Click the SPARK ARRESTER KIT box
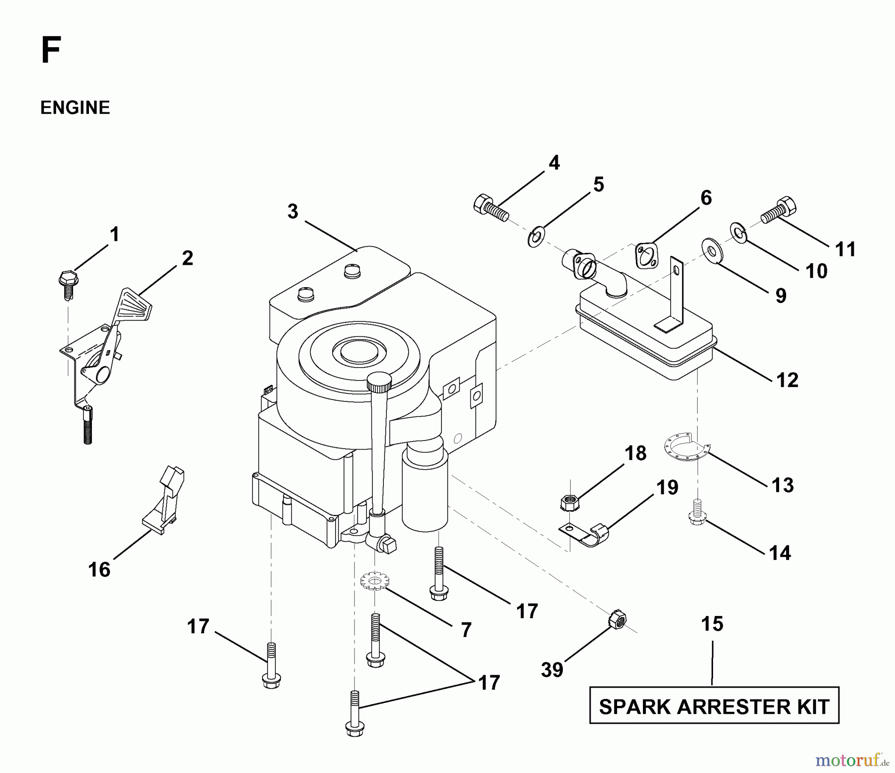pyautogui.click(x=714, y=706)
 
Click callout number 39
pyautogui.click(x=552, y=670)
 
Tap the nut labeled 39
pyautogui.click(x=617, y=619)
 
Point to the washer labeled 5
pyautogui.click(x=536, y=236)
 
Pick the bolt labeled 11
pyautogui.click(x=779, y=212)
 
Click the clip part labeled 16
pyautogui.click(x=164, y=499)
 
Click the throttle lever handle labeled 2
pyautogui.click(x=132, y=306)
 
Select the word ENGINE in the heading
pyautogui.click(x=75, y=108)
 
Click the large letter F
pyautogui.click(x=51, y=51)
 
